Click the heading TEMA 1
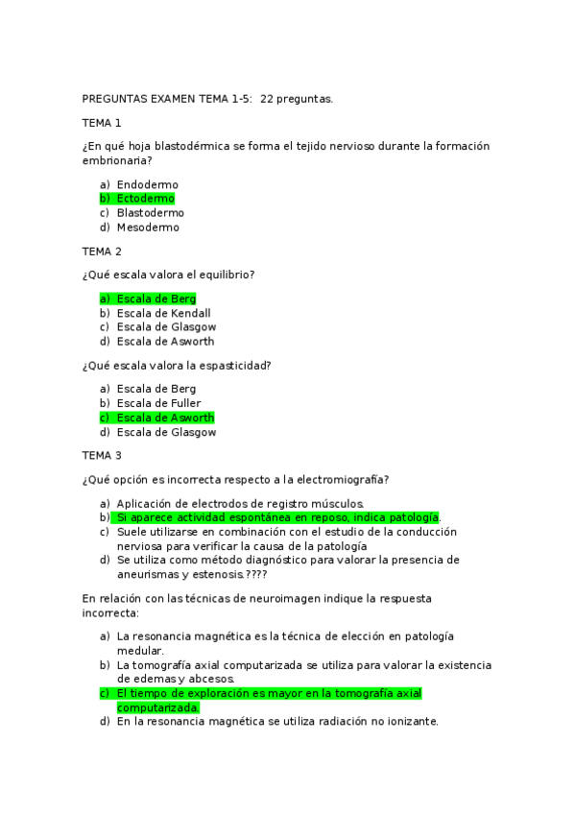click(x=102, y=123)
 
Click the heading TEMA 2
click(x=102, y=251)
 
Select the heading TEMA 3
click(x=102, y=455)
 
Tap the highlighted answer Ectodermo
click(x=145, y=199)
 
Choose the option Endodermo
click(x=147, y=184)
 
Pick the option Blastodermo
click(x=150, y=213)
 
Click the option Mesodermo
click(x=148, y=227)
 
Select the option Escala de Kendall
click(x=163, y=313)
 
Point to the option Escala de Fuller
click(x=158, y=403)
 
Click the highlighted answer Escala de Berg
click(x=156, y=299)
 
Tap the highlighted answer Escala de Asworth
click(x=165, y=418)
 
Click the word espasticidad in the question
click(x=233, y=365)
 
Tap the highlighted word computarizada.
click(x=157, y=707)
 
